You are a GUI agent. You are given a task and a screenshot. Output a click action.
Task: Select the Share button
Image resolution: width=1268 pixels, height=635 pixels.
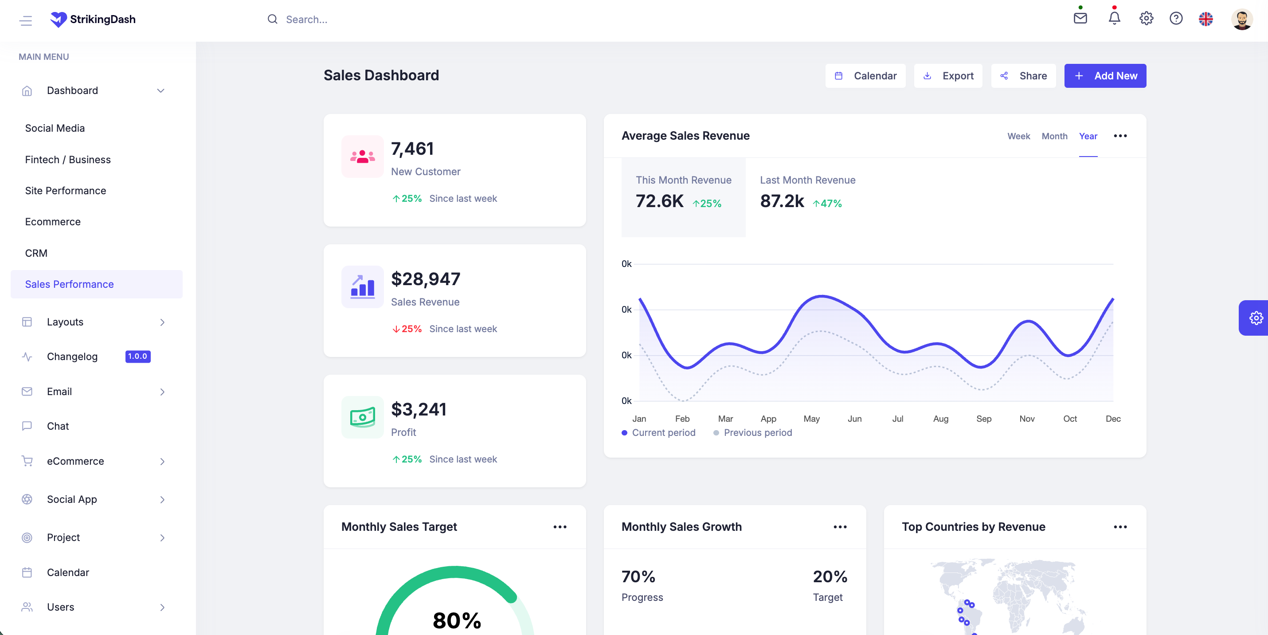pyautogui.click(x=1023, y=76)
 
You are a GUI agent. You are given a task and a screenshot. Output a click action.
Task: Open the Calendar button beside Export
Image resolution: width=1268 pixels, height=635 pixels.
pyautogui.click(x=865, y=76)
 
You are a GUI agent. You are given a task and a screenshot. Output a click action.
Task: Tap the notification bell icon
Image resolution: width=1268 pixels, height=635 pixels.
pyautogui.click(x=1114, y=19)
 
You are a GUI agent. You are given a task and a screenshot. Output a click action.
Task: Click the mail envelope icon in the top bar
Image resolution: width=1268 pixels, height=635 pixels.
pyautogui.click(x=1080, y=19)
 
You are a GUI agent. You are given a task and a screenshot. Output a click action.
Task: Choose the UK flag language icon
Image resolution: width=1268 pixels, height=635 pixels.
pyautogui.click(x=1205, y=19)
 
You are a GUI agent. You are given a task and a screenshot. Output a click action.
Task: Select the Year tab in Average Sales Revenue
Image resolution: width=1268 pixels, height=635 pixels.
pyautogui.click(x=1088, y=136)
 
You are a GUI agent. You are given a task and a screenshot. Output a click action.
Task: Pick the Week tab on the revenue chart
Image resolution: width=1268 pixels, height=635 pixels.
pyautogui.click(x=1018, y=136)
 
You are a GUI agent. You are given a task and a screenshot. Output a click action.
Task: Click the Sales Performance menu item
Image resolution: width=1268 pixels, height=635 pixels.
pyautogui.click(x=70, y=284)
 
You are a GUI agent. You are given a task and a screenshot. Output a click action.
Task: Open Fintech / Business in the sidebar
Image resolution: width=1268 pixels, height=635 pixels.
pyautogui.click(x=68, y=160)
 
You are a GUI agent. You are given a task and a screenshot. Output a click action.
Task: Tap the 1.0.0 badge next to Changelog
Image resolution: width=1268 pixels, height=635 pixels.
pyautogui.click(x=138, y=357)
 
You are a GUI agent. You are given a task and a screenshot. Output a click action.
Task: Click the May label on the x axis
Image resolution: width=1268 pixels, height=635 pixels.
pyautogui.click(x=811, y=419)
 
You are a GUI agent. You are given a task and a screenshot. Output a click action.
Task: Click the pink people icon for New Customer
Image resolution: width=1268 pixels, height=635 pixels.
pyautogui.click(x=362, y=157)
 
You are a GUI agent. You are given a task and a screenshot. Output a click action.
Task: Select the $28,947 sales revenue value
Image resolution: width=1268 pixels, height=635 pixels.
pyautogui.click(x=425, y=279)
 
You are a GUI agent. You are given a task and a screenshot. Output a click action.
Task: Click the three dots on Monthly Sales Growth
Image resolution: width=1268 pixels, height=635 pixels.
pyautogui.click(x=840, y=527)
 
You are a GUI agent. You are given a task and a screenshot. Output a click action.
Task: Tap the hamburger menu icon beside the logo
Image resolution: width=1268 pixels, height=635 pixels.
pyautogui.click(x=26, y=20)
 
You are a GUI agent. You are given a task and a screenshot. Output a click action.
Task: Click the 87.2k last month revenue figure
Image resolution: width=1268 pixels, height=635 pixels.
pyautogui.click(x=782, y=201)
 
